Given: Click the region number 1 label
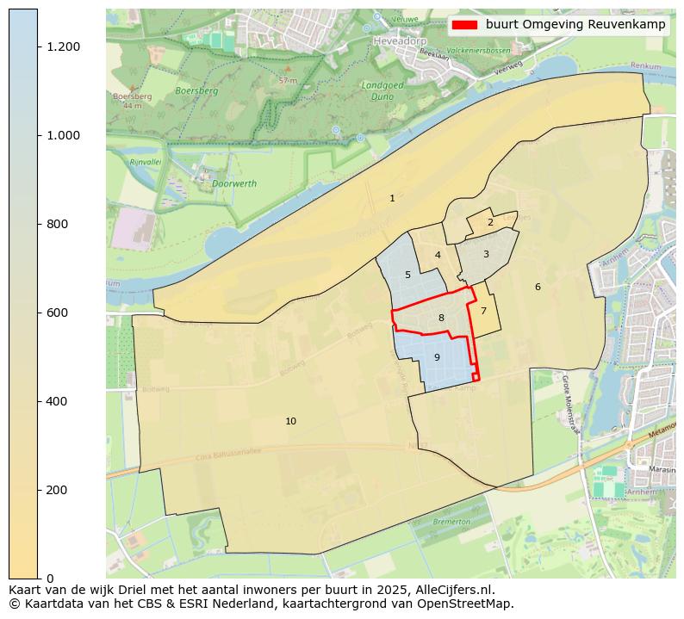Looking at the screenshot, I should pyautogui.click(x=392, y=198).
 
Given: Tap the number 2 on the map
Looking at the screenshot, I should pyautogui.click(x=490, y=222).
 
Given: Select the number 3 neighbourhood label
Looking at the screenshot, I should pyautogui.click(x=486, y=254).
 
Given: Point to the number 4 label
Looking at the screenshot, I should pyautogui.click(x=438, y=255).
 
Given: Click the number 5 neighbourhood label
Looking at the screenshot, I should pyautogui.click(x=407, y=275).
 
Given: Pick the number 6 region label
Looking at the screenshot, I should pyautogui.click(x=538, y=287).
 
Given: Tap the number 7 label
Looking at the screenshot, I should pyautogui.click(x=483, y=312).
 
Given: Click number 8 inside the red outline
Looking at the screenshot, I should pyautogui.click(x=441, y=318).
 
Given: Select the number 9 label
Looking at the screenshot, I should pyautogui.click(x=437, y=357).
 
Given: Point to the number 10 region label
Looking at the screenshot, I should pyautogui.click(x=290, y=421).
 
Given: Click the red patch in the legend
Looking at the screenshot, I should pyautogui.click(x=463, y=25).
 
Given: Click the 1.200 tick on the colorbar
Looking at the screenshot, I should pyautogui.click(x=64, y=46).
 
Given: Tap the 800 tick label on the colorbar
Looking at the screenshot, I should pyautogui.click(x=58, y=224).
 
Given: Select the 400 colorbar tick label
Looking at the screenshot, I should pyautogui.click(x=58, y=401).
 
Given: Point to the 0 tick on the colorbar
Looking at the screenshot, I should pyautogui.click(x=50, y=578).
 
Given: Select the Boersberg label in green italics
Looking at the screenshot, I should pyautogui.click(x=196, y=90).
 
